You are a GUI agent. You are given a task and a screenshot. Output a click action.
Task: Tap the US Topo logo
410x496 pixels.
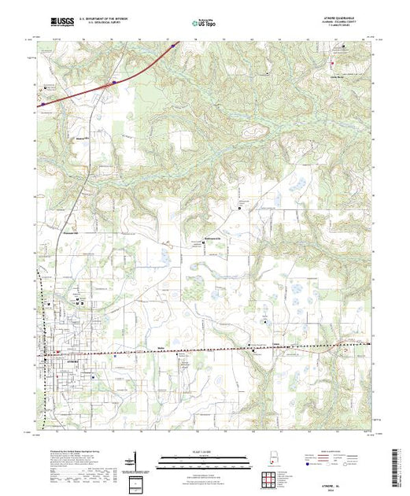coord(205,24)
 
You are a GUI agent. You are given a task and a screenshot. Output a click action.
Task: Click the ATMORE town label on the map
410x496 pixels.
coord(66,361)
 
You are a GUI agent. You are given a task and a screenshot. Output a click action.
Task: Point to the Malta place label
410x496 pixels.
coord(161,346)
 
